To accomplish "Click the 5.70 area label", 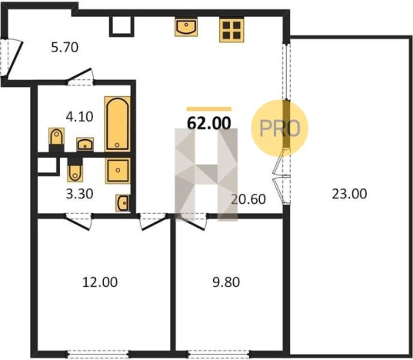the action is pos(65,48).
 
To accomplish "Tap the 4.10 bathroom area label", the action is pos(79,117).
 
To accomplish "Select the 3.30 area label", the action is pos(79,194).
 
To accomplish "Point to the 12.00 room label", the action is pos(100,282).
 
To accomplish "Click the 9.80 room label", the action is pos(226,282).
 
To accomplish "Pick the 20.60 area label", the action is pos(248,199).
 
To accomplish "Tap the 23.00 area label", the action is pos(349,194).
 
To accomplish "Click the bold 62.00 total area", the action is pos(209,123).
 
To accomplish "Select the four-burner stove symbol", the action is pos(231,30).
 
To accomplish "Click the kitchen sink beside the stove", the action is pos(186,27).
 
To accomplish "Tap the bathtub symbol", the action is pos(117,124).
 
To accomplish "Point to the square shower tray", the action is pos(118,171).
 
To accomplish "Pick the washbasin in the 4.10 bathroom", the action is pos(85,145).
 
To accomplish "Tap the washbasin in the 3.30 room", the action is pos(122,203).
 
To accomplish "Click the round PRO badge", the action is pos(279,128).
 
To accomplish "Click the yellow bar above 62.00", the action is pos(209,109).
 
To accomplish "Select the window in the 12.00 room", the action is pos(98,353).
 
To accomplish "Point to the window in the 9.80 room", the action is pos(218,353).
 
